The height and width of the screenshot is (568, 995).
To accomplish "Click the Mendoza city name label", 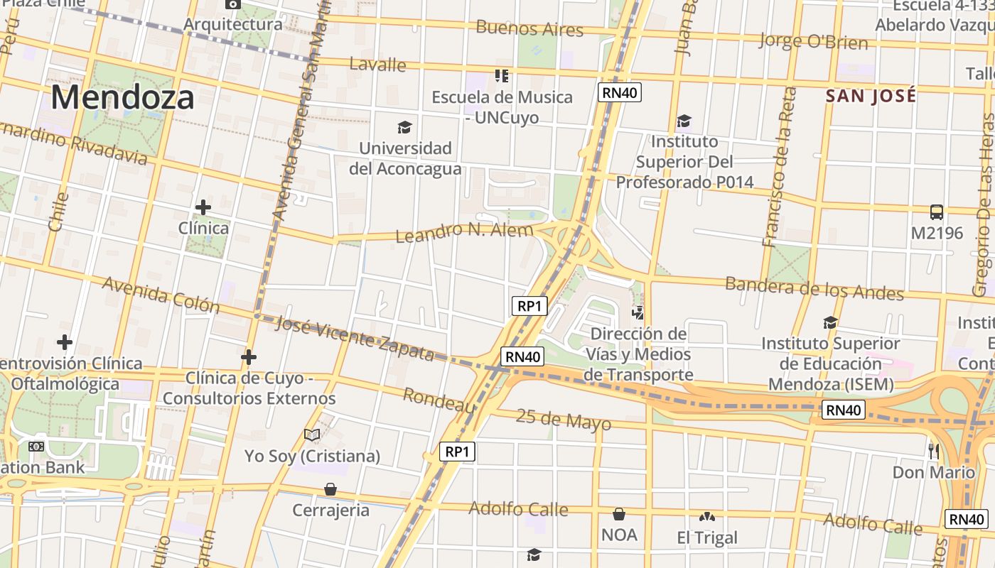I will pos(122,97).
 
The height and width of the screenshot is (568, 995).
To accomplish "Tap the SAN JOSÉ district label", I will pos(871,95).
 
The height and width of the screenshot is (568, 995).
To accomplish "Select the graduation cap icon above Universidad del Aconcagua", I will pos(404,128).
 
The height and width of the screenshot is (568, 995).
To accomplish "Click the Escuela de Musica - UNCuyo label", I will pos(502,106).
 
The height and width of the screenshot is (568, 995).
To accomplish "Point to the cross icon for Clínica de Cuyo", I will pos(249,356).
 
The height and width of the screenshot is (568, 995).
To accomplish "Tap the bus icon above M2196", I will pos(937,212).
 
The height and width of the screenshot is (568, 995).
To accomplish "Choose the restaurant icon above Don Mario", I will pos(933,451).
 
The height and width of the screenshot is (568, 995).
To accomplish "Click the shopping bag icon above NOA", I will pos(619,514).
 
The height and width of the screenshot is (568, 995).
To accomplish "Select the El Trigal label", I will pos(707,537).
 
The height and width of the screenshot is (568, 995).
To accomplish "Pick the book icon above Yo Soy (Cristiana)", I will pos(312,435).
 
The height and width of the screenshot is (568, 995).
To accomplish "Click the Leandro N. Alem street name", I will pos(463,232).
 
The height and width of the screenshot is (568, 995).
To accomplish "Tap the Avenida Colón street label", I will pos(161,294).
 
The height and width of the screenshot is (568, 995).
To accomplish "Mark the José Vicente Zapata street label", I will pos(354,337).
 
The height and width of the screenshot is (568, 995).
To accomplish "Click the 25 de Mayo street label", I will pos(563,419).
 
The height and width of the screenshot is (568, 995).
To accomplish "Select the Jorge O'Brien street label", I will pos(813,41).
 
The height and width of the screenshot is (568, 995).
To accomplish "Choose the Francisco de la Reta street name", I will pos(779,168).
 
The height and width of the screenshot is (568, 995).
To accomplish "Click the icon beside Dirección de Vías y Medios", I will pos(638,312).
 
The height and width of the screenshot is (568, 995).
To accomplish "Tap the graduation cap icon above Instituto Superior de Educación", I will pos(830,323).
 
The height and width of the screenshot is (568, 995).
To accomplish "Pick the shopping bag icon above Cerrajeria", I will pos(330,489).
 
